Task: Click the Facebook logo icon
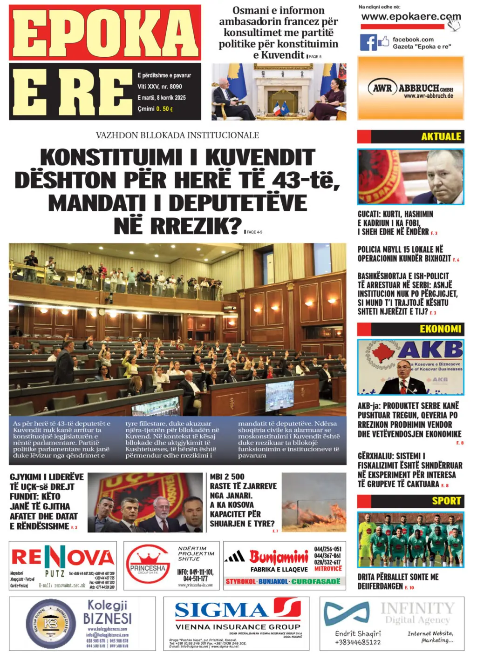(368, 42)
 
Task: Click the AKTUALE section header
(441, 136)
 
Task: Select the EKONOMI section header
(440, 329)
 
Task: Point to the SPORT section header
(446, 501)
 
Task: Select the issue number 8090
(176, 87)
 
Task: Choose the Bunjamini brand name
(279, 556)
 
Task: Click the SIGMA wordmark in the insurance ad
(221, 610)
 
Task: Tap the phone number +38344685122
(358, 642)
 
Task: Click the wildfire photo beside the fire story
(313, 503)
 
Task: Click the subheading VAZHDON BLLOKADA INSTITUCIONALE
(177, 135)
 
